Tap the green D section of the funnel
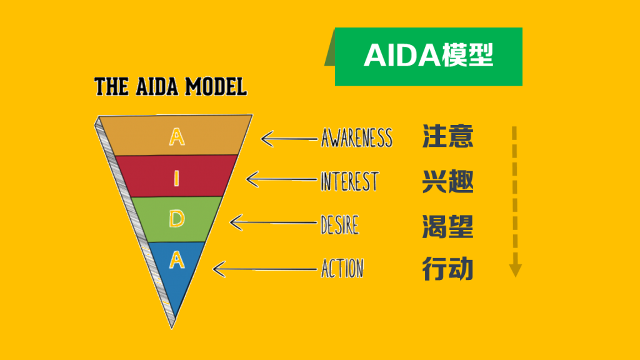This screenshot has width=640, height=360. pyautogui.click(x=177, y=219)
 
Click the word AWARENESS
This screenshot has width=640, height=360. pyautogui.click(x=357, y=137)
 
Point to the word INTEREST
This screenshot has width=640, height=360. pyautogui.click(x=349, y=181)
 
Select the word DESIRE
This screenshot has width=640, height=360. pyautogui.click(x=340, y=224)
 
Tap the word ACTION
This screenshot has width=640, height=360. pyautogui.click(x=342, y=269)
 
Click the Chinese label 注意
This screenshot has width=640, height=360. pyautogui.click(x=447, y=136)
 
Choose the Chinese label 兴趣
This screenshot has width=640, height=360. pyautogui.click(x=447, y=182)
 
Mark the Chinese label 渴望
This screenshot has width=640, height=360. pyautogui.click(x=447, y=226)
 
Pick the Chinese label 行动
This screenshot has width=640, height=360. pyautogui.click(x=447, y=269)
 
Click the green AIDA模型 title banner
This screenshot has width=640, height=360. pyautogui.click(x=429, y=56)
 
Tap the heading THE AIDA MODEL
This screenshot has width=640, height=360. pyautogui.click(x=170, y=86)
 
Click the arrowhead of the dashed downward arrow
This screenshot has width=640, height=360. pyautogui.click(x=515, y=270)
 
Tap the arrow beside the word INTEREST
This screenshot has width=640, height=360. pyautogui.click(x=281, y=180)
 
